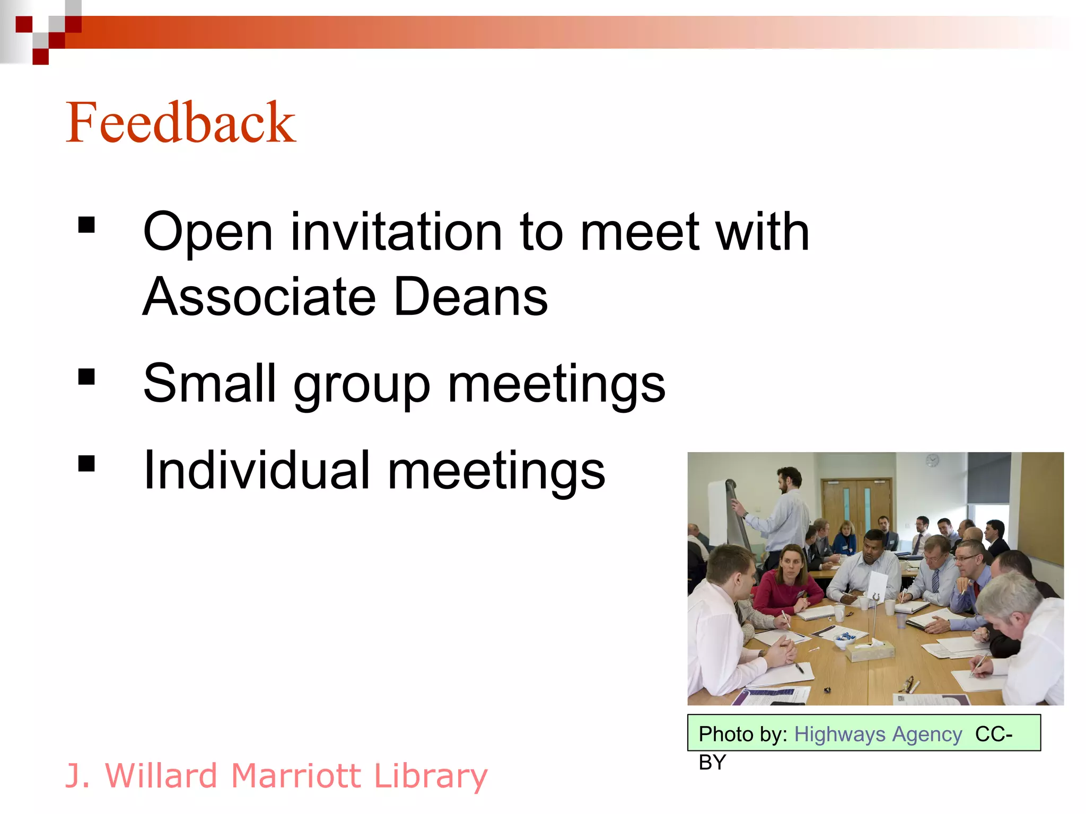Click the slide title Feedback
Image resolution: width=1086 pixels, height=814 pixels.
pos(180,123)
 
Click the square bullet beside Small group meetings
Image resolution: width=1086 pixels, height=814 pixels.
pos(86,377)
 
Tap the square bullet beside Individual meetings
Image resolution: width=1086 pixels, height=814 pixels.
pos(86,464)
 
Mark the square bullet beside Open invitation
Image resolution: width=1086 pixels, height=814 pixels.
pos(86,225)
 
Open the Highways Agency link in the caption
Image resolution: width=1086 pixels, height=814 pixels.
pos(878,735)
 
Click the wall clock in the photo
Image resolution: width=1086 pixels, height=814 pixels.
pos(932,460)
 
